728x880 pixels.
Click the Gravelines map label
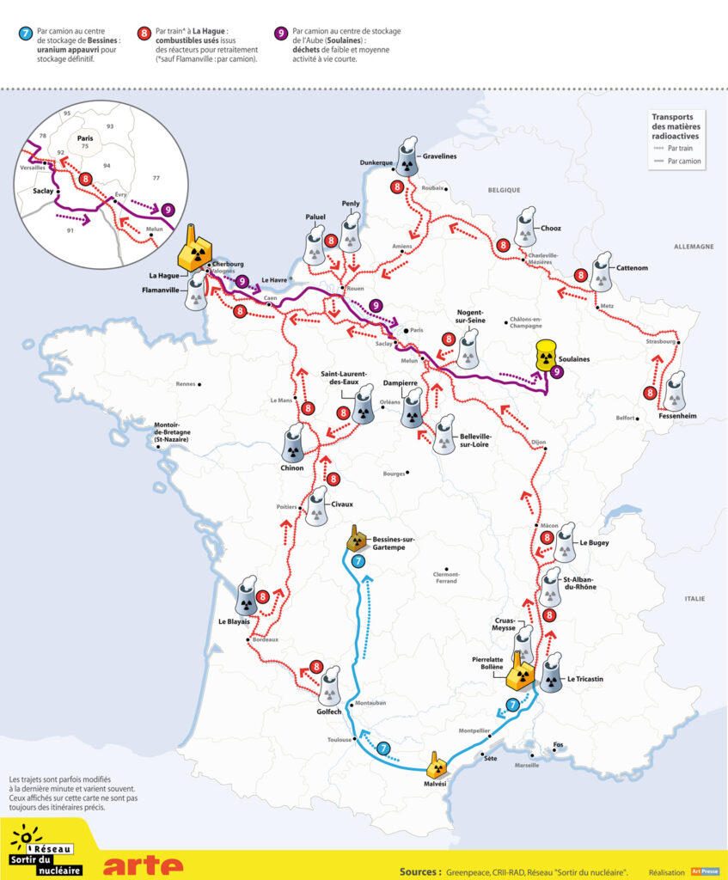tap(440, 156)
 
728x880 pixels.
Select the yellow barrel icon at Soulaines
tap(543, 354)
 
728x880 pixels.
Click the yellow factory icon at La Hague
tap(194, 252)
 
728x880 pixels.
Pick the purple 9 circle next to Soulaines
tap(558, 371)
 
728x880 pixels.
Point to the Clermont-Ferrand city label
tap(446, 577)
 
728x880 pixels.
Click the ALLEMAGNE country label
tap(694, 247)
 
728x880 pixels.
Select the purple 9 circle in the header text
tap(280, 34)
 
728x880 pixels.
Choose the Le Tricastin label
tap(585, 679)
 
